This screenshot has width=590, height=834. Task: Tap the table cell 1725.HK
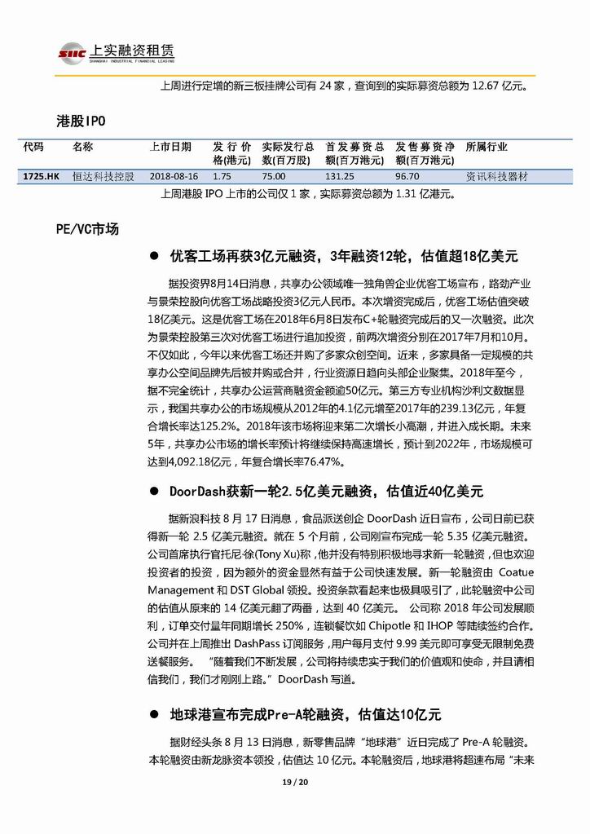tap(41, 176)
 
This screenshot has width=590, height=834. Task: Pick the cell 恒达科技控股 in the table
tap(103, 176)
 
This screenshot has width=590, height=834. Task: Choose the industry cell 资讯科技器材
tap(496, 176)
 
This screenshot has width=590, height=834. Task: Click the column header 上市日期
tap(170, 147)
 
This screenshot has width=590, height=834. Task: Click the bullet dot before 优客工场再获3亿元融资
tap(154, 256)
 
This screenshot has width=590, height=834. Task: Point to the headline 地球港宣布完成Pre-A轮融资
tap(305, 715)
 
